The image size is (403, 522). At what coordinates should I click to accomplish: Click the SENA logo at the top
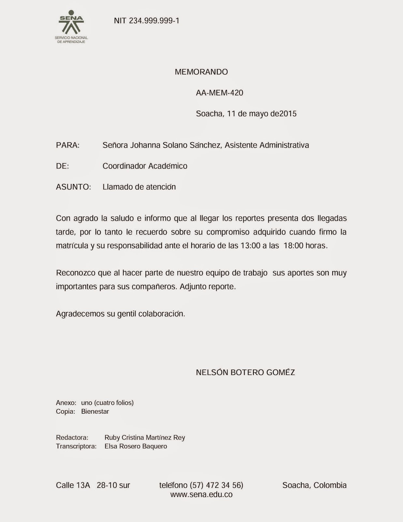(x=71, y=29)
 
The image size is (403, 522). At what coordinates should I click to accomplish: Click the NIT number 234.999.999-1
(x=147, y=21)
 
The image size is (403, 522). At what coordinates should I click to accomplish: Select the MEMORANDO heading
(x=201, y=72)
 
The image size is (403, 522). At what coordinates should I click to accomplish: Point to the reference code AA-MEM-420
(x=220, y=93)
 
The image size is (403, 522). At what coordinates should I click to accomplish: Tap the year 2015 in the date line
(x=288, y=114)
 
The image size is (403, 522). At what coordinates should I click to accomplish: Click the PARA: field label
(x=68, y=145)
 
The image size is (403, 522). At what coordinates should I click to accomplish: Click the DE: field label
(x=62, y=166)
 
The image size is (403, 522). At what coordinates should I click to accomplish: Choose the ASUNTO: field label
(x=73, y=187)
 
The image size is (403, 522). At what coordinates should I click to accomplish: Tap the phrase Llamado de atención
(x=139, y=187)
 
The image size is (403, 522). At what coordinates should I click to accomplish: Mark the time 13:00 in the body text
(x=250, y=246)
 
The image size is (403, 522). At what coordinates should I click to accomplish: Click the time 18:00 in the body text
(x=294, y=246)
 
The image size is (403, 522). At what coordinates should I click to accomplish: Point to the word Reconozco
(x=76, y=273)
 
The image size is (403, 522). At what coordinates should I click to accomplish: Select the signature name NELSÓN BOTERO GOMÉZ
(x=245, y=372)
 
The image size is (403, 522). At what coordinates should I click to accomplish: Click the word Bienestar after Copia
(x=95, y=411)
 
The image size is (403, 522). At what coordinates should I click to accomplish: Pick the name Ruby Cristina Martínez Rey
(x=145, y=438)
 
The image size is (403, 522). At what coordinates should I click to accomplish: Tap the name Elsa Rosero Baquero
(x=136, y=446)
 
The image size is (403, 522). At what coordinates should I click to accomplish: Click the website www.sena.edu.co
(x=201, y=495)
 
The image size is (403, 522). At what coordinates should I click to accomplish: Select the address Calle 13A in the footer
(x=73, y=485)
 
